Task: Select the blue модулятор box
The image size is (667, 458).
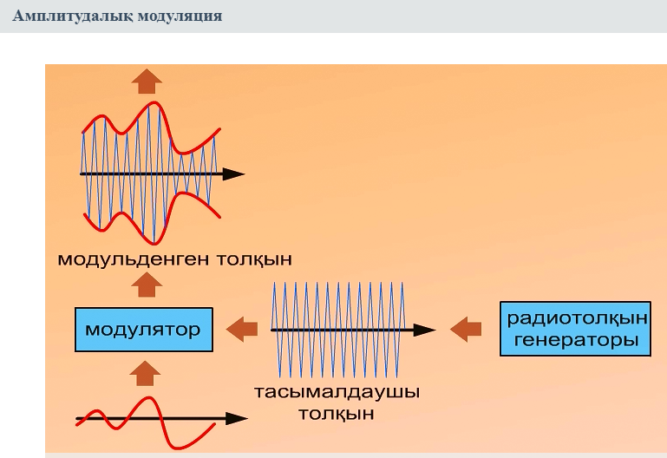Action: [x=143, y=330]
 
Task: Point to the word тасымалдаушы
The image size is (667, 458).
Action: [x=337, y=392]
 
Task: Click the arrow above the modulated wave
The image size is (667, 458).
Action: [x=147, y=81]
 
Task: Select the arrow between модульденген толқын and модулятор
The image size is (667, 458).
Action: [x=147, y=285]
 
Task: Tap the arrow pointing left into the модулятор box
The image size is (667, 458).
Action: [x=242, y=329]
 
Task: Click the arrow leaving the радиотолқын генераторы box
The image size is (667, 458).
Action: [x=466, y=330]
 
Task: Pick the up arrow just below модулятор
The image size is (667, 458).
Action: [x=144, y=373]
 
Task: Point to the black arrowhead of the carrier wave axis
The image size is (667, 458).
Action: [x=425, y=330]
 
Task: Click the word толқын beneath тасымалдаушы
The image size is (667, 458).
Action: [x=337, y=413]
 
